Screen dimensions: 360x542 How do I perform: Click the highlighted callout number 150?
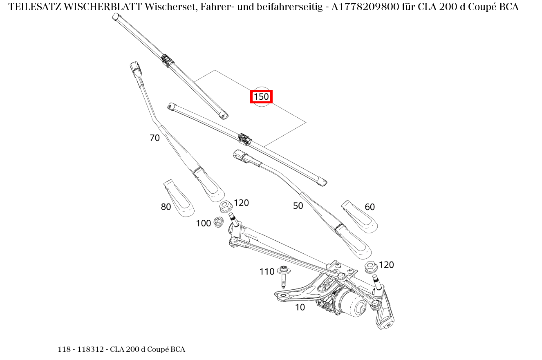(x=261, y=97)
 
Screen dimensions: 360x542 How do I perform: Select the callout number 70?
(x=155, y=138)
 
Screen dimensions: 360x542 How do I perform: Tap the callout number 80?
(x=166, y=207)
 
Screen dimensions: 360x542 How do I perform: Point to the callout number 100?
(x=203, y=223)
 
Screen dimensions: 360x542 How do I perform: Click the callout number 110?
(x=267, y=271)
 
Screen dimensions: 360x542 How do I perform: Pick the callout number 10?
(x=300, y=307)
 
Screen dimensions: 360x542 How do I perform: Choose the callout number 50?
(x=298, y=206)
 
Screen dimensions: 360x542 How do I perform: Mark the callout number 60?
(x=370, y=207)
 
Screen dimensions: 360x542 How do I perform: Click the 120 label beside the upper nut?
(x=241, y=203)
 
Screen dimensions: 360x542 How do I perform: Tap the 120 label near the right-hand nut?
(x=386, y=265)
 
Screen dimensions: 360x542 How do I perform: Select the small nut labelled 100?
(x=218, y=222)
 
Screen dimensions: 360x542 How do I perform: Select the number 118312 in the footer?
(x=92, y=349)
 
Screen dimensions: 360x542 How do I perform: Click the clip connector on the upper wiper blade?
(x=167, y=60)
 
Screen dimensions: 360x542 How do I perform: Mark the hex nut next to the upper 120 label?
(x=226, y=206)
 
